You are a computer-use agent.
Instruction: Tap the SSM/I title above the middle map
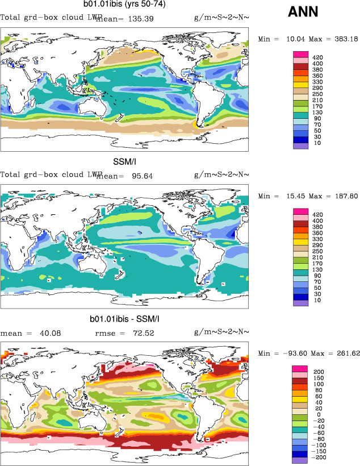(124, 163)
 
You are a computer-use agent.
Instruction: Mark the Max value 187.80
(344, 196)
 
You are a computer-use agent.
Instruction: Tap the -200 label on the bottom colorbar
(320, 457)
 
